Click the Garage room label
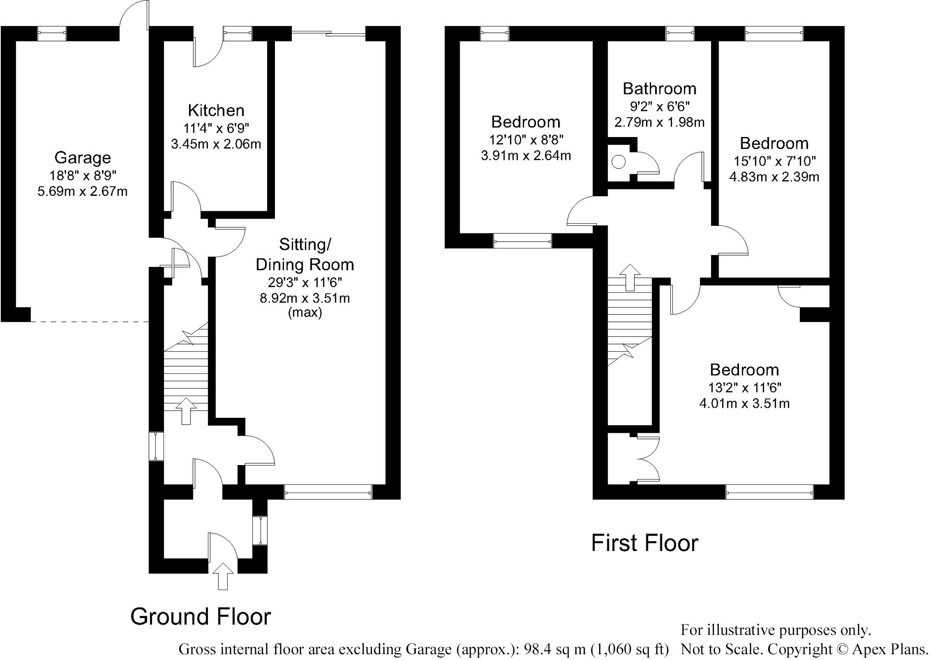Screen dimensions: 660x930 82,158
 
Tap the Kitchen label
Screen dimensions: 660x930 216,110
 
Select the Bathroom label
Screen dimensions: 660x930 659,89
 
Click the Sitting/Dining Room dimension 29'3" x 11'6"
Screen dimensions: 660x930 305,282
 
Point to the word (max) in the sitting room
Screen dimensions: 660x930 305,313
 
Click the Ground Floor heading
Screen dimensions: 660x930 201,617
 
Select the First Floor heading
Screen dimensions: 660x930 644,543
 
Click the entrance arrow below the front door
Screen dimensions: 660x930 222,576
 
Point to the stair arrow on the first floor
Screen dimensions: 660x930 629,277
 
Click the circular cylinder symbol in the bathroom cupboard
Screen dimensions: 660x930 619,163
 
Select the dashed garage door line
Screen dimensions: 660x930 89,321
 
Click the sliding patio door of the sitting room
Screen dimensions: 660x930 328,33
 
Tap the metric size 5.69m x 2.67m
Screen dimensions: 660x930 82,192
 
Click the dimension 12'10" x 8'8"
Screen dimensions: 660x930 526,140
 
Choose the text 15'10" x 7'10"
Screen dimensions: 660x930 774,161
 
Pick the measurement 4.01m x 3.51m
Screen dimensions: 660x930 744,403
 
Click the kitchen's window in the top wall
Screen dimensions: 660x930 237,33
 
